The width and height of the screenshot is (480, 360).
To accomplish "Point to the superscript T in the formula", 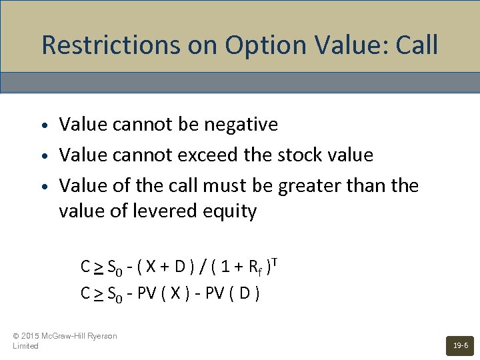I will [274, 261].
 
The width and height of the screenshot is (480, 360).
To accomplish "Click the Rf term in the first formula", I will [255, 267].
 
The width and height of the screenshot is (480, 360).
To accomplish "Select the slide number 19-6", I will [461, 345].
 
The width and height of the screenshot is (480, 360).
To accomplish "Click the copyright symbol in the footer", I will [16, 336].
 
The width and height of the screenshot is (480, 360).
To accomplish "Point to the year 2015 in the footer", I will [30, 336].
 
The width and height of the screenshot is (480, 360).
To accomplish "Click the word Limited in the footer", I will [25, 346].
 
